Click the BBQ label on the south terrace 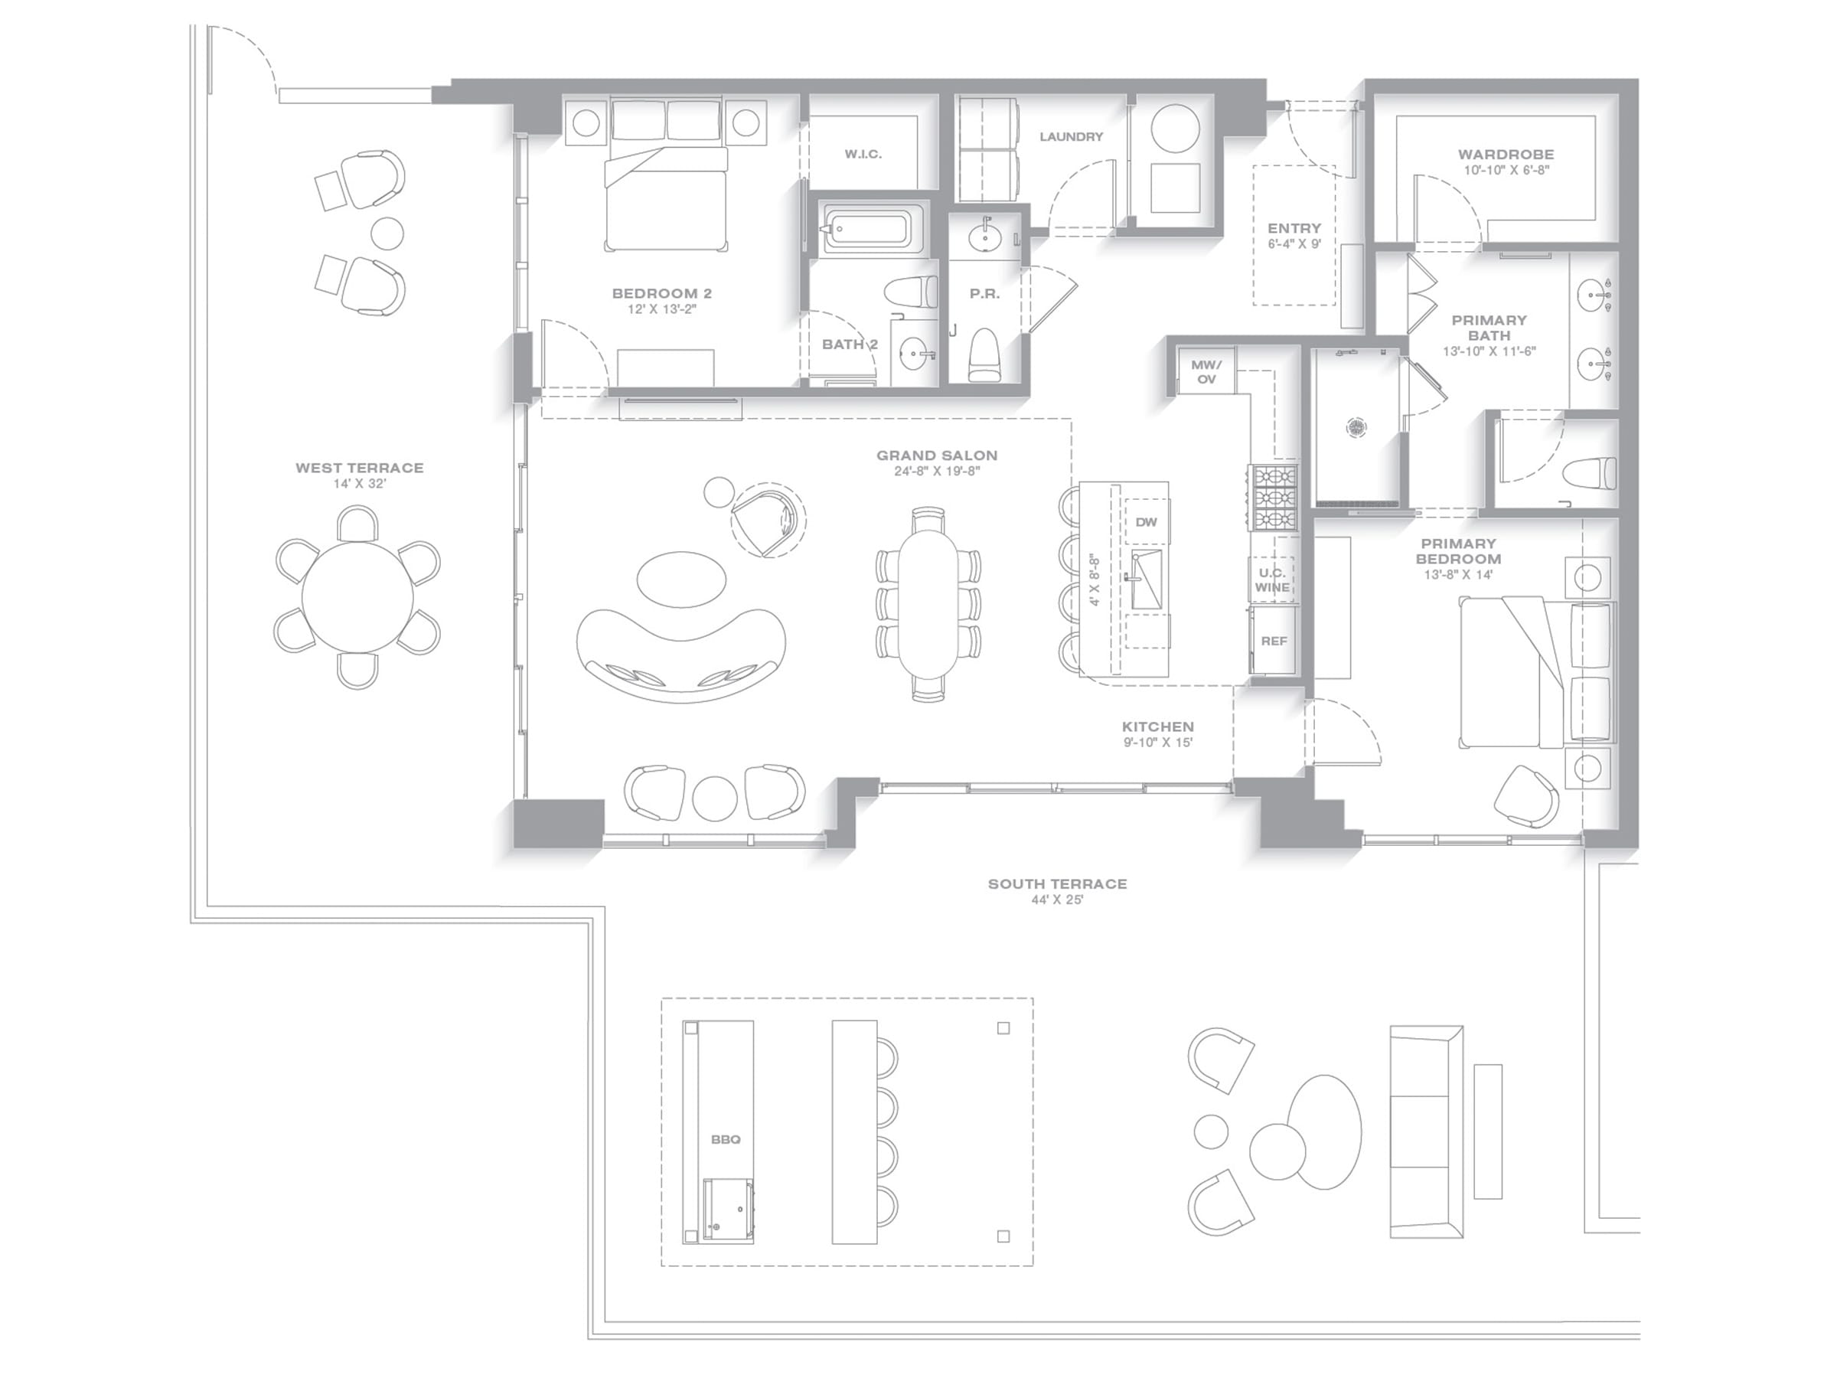725,1140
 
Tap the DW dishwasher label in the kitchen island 1146,522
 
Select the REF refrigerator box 1273,641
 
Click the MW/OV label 1206,372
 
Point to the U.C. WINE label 1272,580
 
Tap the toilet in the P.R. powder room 985,354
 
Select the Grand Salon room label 937,456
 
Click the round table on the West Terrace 357,597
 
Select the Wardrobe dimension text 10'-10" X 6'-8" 1506,170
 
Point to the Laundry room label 1072,136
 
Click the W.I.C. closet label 863,154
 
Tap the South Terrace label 1057,883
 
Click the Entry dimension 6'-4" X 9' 1294,244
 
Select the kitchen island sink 1146,578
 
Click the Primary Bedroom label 1458,550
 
